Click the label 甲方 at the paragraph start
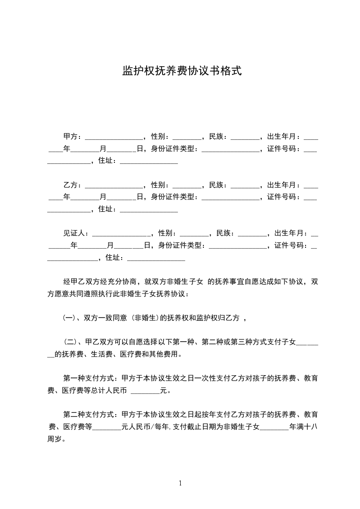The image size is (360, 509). (70, 136)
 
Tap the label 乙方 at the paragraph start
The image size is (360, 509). (70, 185)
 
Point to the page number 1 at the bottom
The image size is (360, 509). (180, 483)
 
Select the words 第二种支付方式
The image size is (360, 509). (89, 415)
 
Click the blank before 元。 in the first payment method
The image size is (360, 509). (145, 391)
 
